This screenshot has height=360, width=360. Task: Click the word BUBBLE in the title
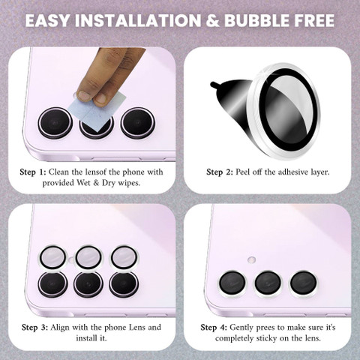pos(256,20)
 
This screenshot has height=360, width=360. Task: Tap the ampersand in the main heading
pos(212,20)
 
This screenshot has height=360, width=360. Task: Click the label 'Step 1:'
pos(33,172)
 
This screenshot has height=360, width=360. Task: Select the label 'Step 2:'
pos(220,172)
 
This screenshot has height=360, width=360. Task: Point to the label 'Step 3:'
pos(34,328)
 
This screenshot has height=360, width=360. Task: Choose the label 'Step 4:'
pos(214,328)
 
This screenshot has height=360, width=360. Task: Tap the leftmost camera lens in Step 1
pos(55,123)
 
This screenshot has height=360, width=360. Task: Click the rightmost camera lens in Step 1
pos(137,123)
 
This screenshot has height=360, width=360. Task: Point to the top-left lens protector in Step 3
pos(53,257)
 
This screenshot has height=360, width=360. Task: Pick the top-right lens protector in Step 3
pos(124,257)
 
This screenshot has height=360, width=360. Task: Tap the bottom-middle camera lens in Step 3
pos(88,284)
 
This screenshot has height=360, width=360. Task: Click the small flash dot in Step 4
pos(251,259)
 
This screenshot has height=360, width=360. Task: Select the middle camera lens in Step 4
pos(268,283)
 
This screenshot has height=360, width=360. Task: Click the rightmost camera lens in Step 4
pos(303,283)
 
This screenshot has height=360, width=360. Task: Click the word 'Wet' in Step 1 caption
pos(84,183)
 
